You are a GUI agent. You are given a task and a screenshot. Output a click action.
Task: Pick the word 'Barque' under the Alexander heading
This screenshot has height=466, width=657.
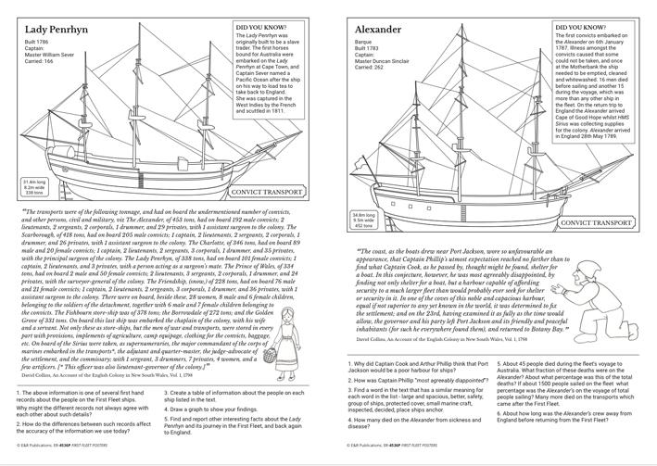(365, 44)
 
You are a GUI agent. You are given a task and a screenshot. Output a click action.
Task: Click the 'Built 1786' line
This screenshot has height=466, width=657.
(37, 44)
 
